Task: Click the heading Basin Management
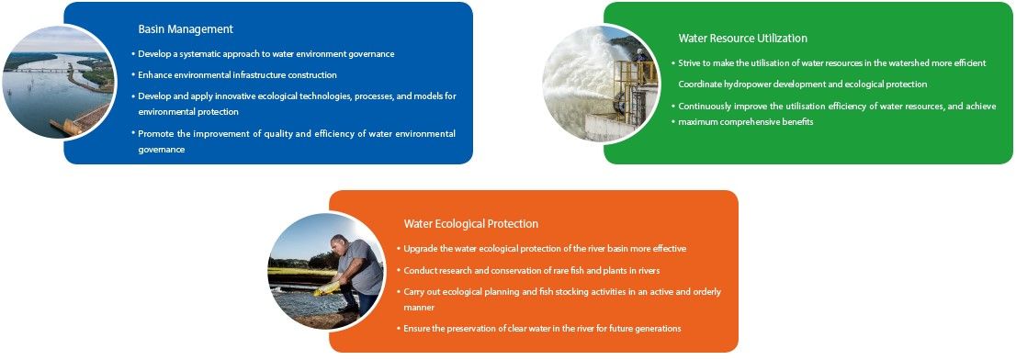coord(186,29)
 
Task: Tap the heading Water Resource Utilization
coord(742,39)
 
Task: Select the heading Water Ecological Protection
coord(471,224)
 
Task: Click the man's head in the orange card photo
coord(339,244)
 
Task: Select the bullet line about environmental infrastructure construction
coord(237,75)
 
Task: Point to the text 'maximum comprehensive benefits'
coord(746,122)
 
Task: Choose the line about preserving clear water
coord(542,329)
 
